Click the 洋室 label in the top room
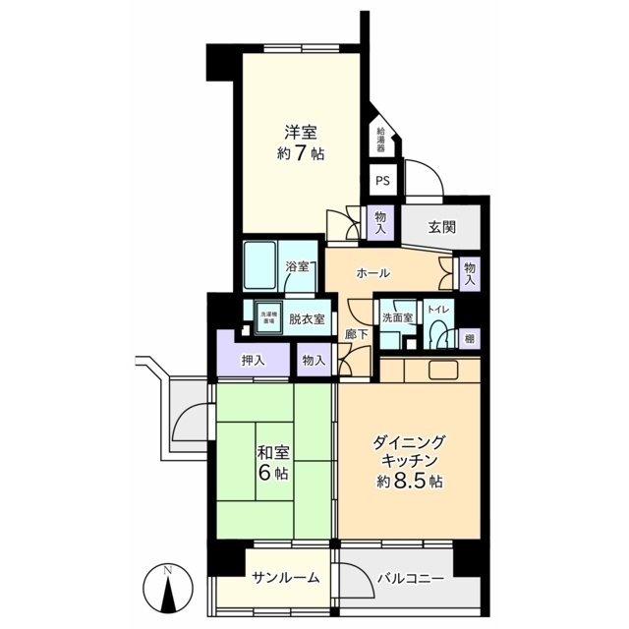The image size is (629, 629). point(300,132)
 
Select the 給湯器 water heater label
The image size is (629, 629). point(381,140)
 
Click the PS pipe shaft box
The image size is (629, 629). point(382,181)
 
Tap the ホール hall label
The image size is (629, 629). point(373,272)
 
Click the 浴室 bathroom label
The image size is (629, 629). point(297,266)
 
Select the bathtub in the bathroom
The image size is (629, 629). point(262,263)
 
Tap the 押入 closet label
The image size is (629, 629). point(254,361)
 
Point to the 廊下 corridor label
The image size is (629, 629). point(357,334)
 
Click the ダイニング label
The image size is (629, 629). point(410,442)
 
